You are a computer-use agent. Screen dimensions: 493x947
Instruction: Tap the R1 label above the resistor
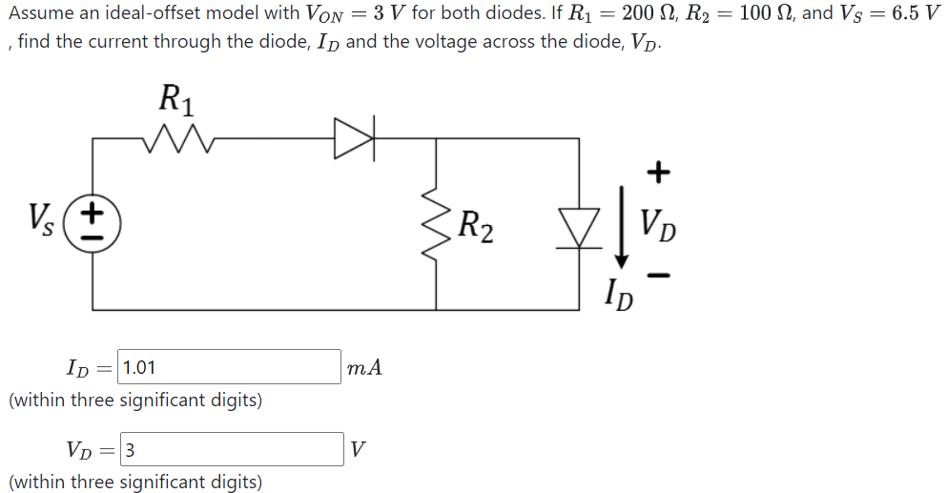pos(174,98)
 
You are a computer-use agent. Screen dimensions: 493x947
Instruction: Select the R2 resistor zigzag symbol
pos(438,225)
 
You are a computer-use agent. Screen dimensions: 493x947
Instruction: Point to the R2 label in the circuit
pos(476,227)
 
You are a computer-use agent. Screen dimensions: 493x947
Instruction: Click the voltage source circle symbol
pos(93,224)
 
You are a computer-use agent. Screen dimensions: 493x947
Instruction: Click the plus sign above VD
pos(658,173)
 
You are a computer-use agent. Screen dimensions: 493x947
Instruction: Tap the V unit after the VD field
pos(357,449)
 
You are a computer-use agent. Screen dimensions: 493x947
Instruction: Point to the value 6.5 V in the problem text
pos(911,16)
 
